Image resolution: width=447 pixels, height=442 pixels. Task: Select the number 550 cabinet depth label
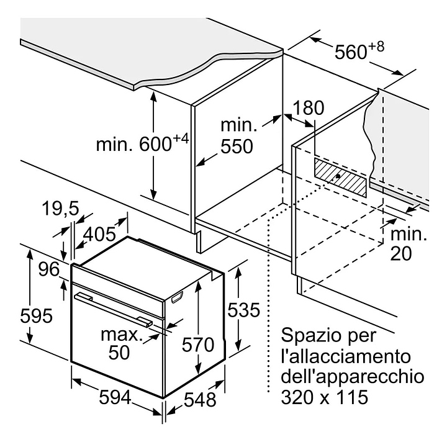click(x=237, y=147)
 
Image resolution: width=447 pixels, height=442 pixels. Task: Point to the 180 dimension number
click(x=309, y=108)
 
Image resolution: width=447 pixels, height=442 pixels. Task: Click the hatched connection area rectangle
click(x=340, y=178)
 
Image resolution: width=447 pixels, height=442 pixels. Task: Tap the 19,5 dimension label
click(x=60, y=209)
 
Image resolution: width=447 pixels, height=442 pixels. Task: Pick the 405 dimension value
click(x=99, y=234)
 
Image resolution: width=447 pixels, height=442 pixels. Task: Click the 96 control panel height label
click(x=49, y=269)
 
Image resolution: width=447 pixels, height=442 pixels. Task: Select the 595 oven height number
click(x=37, y=316)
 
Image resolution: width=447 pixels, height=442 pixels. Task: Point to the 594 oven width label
click(x=115, y=397)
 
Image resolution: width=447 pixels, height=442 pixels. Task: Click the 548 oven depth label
click(x=200, y=399)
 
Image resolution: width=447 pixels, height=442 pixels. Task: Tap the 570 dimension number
click(x=198, y=345)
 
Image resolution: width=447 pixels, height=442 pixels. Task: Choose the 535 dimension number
click(x=244, y=310)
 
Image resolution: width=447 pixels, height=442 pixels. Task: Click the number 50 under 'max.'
click(x=119, y=352)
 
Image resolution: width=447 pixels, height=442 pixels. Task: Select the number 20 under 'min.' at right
click(x=401, y=253)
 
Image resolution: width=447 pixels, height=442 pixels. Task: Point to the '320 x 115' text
click(x=325, y=397)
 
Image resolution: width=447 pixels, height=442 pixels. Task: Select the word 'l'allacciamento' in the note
click(x=346, y=356)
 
